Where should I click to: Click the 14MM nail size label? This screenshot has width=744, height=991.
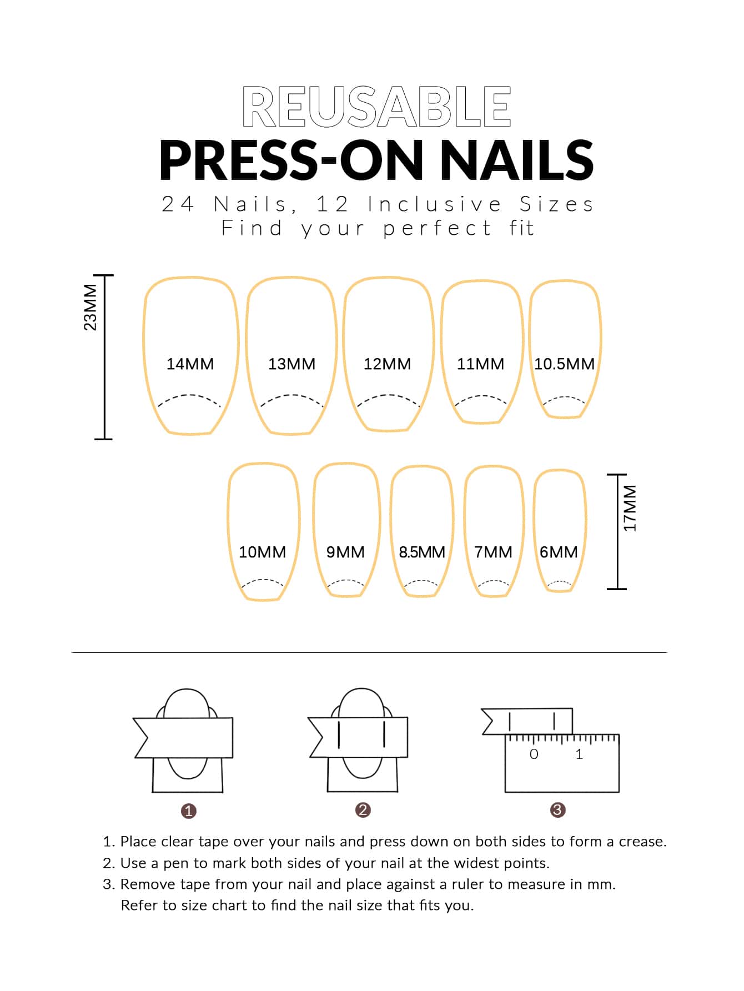click(x=190, y=364)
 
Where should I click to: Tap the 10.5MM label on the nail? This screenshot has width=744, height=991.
click(x=564, y=364)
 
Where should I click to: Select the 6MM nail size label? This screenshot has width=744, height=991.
click(x=559, y=552)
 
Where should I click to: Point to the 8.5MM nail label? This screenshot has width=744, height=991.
click(x=422, y=552)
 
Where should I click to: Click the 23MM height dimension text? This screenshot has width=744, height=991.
click(x=90, y=307)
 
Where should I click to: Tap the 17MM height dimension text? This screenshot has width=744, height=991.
click(x=630, y=508)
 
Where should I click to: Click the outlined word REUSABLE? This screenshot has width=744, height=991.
click(x=376, y=107)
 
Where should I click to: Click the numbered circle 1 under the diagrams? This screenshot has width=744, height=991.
click(x=189, y=811)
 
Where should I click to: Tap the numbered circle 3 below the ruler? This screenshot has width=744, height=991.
click(x=557, y=810)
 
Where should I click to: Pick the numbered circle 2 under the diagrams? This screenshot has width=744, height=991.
click(x=363, y=810)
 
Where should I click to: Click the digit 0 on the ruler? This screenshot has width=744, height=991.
click(x=534, y=754)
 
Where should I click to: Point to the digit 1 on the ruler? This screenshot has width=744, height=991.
click(x=579, y=754)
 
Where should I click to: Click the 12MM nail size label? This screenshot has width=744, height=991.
click(x=388, y=364)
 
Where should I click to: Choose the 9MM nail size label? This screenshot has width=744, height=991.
click(x=345, y=552)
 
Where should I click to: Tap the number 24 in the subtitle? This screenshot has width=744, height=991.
click(x=178, y=205)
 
